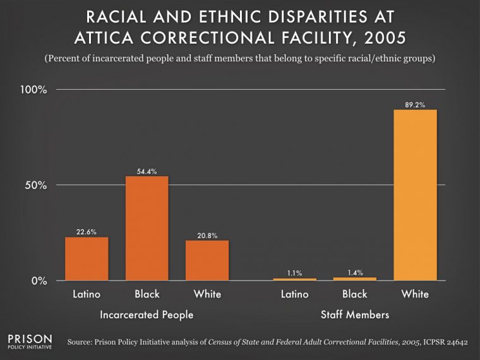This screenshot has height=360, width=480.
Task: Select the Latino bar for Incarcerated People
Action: tap(87, 258)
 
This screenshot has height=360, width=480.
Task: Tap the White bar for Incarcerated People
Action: tap(207, 260)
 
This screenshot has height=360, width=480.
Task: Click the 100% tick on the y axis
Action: tap(33, 90)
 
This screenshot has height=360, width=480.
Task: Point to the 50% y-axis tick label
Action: tap(35, 185)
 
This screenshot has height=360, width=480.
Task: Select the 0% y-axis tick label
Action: tap(39, 280)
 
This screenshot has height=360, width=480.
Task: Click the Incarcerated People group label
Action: tap(147, 314)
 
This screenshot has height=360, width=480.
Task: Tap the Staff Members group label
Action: tap(354, 314)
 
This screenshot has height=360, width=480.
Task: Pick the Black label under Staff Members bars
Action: tap(354, 294)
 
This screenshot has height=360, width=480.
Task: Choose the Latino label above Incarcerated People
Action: tap(87, 294)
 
